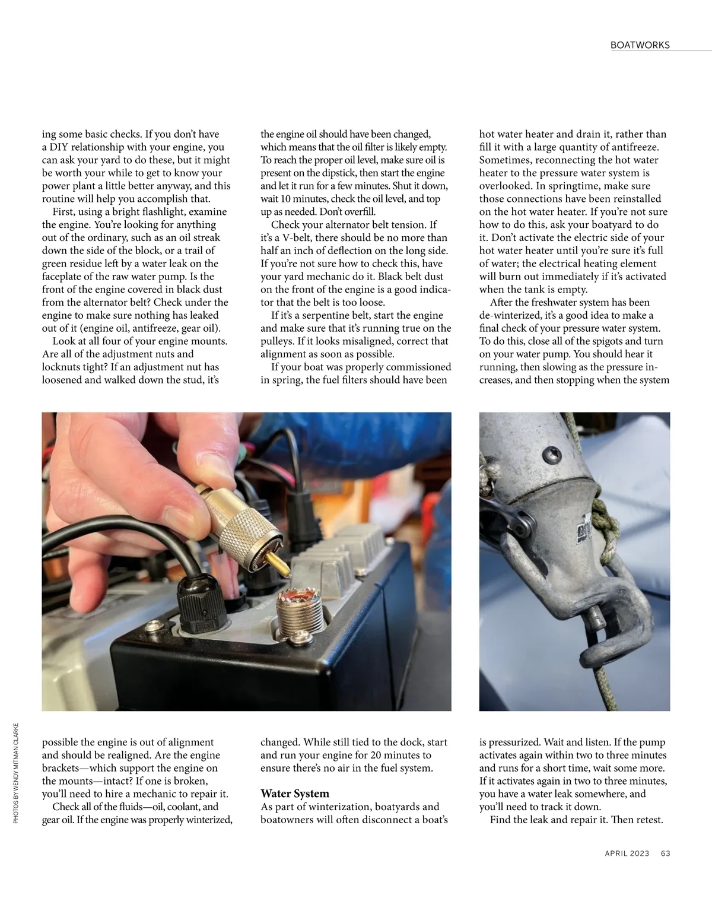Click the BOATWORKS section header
(640, 45)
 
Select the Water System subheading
(295, 794)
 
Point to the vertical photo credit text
(15, 772)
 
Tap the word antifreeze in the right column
(638, 147)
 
